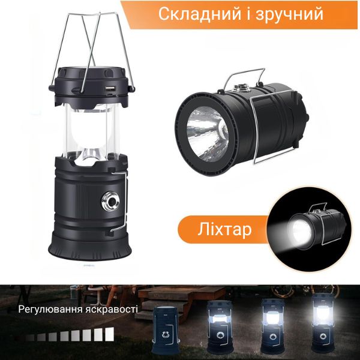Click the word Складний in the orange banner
200,14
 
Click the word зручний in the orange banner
289,15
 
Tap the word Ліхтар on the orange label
224,229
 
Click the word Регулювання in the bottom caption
50,310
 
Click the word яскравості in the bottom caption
112,309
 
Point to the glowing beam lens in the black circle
301,231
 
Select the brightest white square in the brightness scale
110,334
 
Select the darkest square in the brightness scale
30,338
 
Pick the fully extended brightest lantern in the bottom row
323,323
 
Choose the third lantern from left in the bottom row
272,326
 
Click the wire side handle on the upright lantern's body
122,200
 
